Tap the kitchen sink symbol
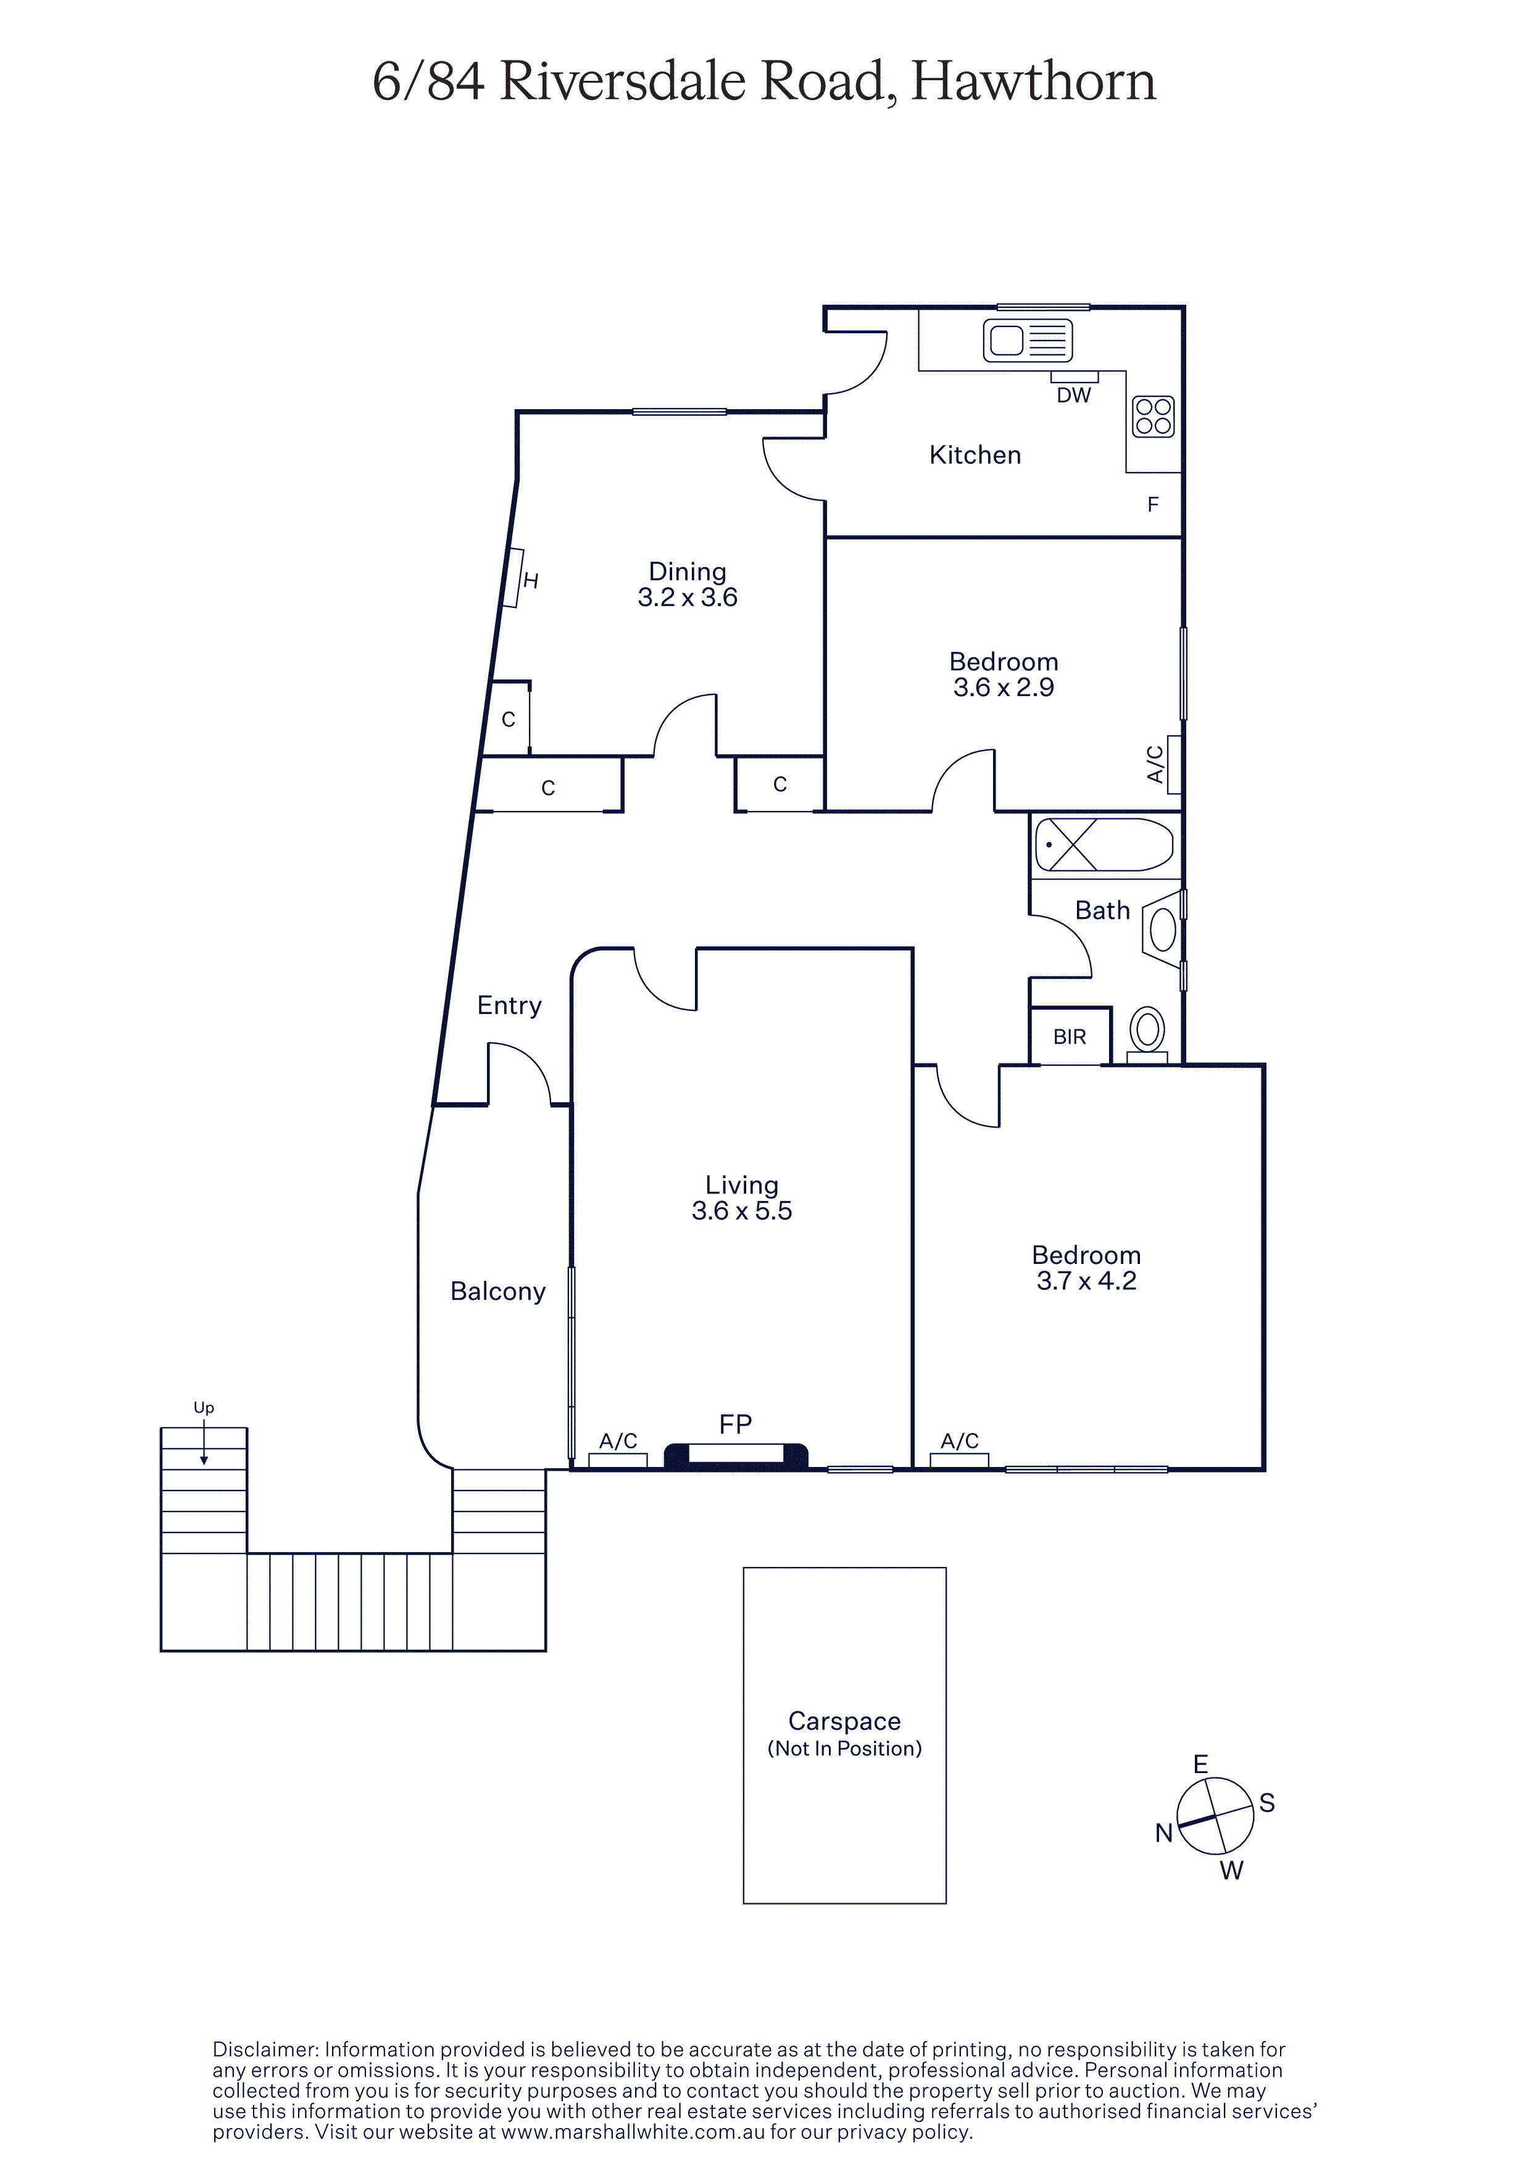pos(1028,341)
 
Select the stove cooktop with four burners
pos(1153,416)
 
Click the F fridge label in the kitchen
pos(1153,504)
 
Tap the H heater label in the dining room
pos(531,581)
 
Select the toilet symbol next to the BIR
pos(1147,1034)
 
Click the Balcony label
pos(497,1291)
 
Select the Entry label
pos(509,1005)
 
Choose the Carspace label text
pos(845,1722)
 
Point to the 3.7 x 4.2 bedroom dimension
pos(1086,1281)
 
